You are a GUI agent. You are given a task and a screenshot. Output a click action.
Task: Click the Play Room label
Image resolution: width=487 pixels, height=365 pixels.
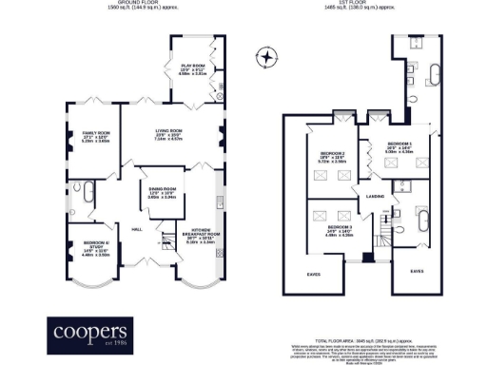click(194, 66)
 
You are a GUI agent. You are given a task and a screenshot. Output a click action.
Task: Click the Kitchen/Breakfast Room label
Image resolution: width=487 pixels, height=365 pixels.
click(195, 239)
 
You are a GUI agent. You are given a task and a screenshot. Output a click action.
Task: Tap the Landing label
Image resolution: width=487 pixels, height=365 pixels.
click(375, 197)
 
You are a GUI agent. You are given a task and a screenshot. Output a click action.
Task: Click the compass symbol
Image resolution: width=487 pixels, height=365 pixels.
click(268, 58)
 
